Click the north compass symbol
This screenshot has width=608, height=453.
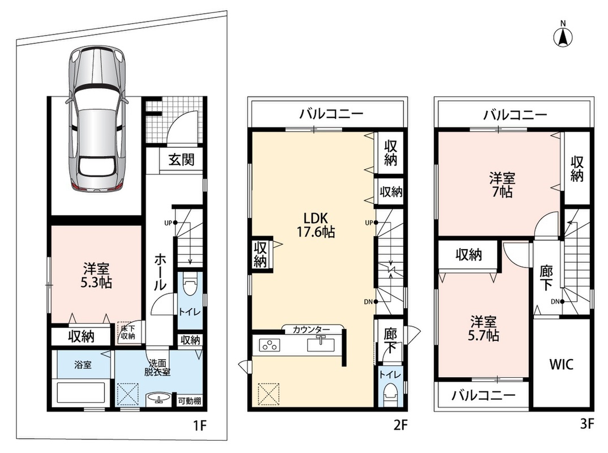pyautogui.click(x=563, y=35)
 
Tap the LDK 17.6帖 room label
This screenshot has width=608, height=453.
pyautogui.click(x=316, y=224)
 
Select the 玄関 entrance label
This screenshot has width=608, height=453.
pyautogui.click(x=182, y=159)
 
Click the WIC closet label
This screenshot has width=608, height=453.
pyautogui.click(x=562, y=364)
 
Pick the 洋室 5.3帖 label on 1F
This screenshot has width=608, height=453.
pyautogui.click(x=96, y=275)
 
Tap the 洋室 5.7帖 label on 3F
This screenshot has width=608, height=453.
pyautogui.click(x=483, y=328)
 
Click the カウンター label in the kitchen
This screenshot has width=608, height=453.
pyautogui.click(x=311, y=330)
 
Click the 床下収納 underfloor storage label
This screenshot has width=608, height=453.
pyautogui.click(x=128, y=332)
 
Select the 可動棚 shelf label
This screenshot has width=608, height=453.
pyautogui.click(x=189, y=401)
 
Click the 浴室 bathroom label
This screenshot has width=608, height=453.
pyautogui.click(x=83, y=365)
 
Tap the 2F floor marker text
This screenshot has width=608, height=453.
pyautogui.click(x=400, y=425)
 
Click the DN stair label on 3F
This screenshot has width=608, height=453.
pyautogui.click(x=554, y=301)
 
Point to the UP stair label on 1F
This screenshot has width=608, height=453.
pyautogui.click(x=168, y=223)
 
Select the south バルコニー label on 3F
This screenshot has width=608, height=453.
pyautogui.click(x=484, y=396)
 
